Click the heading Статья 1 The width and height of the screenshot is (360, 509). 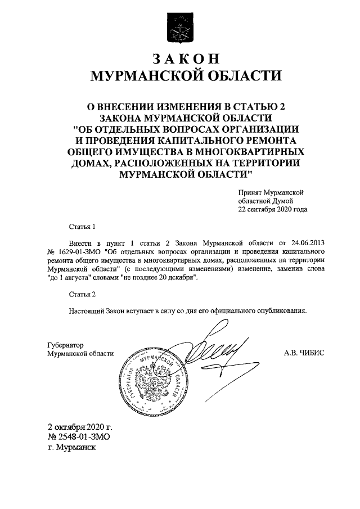point(82,227)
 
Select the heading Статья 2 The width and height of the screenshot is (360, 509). point(82,295)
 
